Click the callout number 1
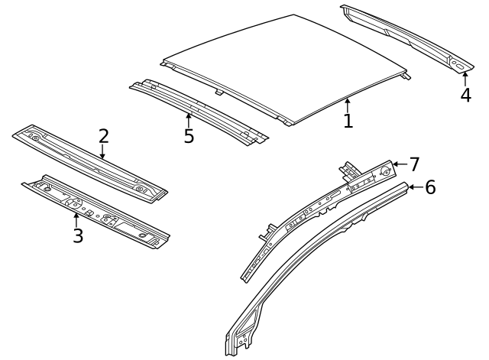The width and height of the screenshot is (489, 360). tap(348, 121)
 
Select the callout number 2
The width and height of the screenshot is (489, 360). tap(103, 136)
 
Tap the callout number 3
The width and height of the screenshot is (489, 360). tap(77, 235)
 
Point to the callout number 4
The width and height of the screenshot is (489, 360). tap(465, 96)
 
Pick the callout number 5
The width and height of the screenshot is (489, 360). tap(189, 137)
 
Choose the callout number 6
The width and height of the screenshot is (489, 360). tap(430, 187)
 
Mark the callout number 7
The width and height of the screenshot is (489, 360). tap(414, 164)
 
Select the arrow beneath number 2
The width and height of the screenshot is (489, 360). tap(103, 153)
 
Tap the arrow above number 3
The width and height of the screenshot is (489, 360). tap(76, 219)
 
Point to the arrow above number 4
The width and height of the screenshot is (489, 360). tap(465, 78)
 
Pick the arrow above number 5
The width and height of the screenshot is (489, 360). tap(189, 120)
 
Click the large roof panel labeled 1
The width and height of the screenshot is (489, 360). tap(283, 65)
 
